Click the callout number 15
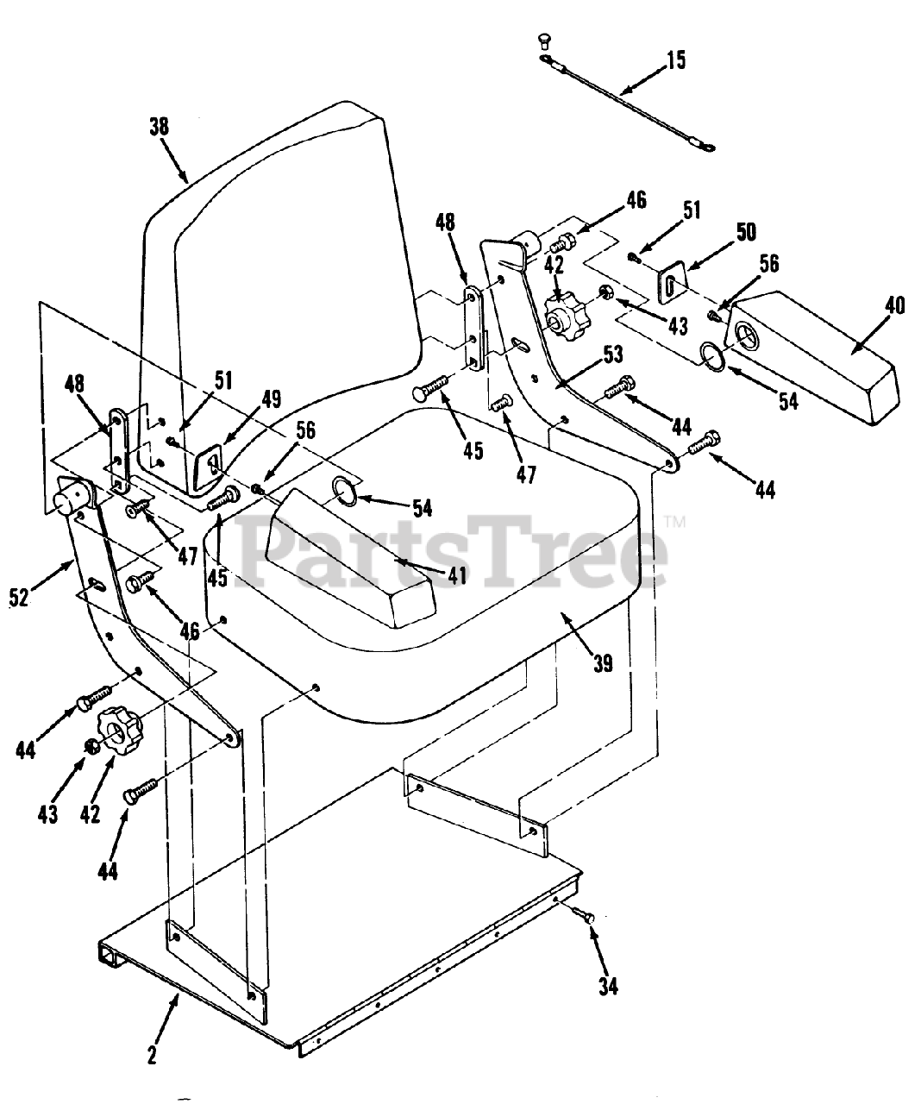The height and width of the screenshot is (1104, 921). click(x=676, y=61)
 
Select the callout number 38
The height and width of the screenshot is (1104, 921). click(x=159, y=126)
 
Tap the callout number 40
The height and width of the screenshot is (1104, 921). click(x=894, y=305)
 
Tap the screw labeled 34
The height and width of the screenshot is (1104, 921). click(x=586, y=919)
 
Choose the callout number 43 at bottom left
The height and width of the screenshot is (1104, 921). click(x=47, y=812)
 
